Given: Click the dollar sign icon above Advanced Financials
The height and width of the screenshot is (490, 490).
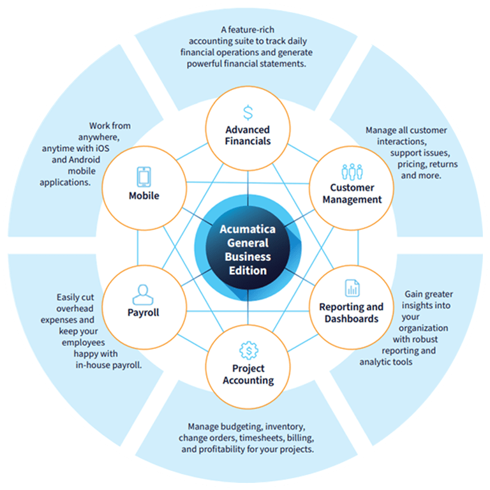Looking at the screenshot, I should pyautogui.click(x=248, y=112).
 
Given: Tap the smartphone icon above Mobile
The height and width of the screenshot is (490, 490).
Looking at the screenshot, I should pyautogui.click(x=144, y=177).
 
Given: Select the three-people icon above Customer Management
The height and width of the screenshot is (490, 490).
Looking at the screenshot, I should pyautogui.click(x=352, y=172).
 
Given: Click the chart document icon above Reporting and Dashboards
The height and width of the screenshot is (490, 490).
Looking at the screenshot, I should pyautogui.click(x=352, y=288).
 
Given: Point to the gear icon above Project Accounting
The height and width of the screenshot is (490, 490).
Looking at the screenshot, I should pyautogui.click(x=248, y=350).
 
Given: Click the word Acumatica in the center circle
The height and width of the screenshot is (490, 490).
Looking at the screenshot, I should pyautogui.click(x=247, y=229).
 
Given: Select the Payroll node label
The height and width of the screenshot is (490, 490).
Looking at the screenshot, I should pyautogui.click(x=143, y=313).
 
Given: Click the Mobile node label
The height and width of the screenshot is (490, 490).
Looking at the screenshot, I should pyautogui.click(x=144, y=196).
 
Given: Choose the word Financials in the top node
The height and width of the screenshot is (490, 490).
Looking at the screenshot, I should pyautogui.click(x=248, y=141).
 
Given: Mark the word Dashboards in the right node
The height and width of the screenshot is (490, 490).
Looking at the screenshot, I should pyautogui.click(x=351, y=318).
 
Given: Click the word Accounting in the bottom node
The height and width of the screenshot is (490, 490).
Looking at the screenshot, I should pyautogui.click(x=248, y=380).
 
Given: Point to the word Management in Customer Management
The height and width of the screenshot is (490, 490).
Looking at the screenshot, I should pyautogui.click(x=352, y=199).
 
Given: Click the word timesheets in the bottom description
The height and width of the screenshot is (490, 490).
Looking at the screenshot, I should pyautogui.click(x=262, y=438).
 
